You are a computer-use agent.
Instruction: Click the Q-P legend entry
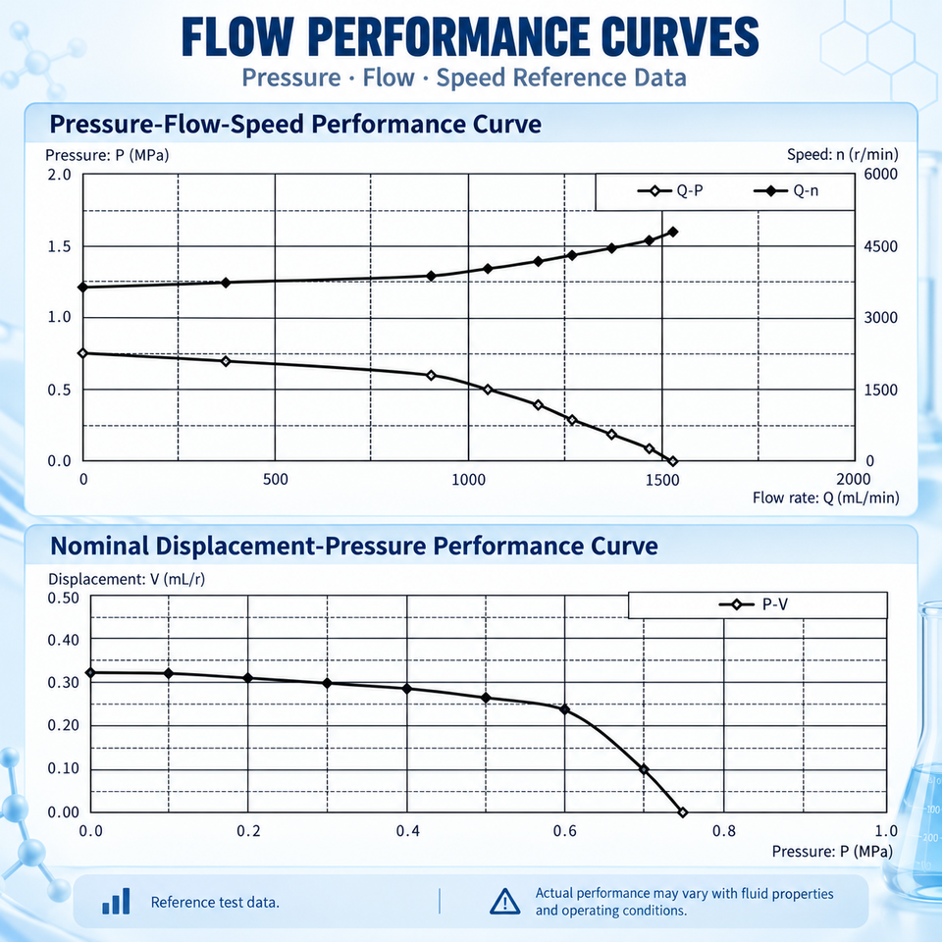[x=670, y=191]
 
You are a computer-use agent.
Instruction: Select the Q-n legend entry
[x=786, y=191]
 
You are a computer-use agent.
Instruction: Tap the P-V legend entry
[x=754, y=604]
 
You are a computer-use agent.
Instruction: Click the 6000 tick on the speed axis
[x=881, y=175]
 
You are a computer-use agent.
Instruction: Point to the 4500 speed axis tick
[x=881, y=246]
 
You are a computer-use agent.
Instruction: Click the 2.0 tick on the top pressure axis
[x=60, y=175]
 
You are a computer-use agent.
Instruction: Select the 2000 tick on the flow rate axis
[x=853, y=479]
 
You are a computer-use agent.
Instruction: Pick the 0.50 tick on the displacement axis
[x=64, y=598]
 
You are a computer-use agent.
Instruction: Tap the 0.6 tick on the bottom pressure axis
[x=565, y=831]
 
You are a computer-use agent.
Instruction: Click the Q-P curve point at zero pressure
[x=673, y=461]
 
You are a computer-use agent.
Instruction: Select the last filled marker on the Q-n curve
[x=673, y=232]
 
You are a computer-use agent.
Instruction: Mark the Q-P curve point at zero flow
[x=82, y=353]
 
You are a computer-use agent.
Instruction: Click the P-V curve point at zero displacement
[x=683, y=812]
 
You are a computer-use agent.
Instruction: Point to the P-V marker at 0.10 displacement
[x=644, y=769]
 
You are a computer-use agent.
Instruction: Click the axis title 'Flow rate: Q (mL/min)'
[x=826, y=498]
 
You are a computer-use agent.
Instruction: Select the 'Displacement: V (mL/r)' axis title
[x=127, y=579]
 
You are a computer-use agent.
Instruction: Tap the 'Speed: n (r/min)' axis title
[x=843, y=155]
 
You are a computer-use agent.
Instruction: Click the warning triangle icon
[x=504, y=901]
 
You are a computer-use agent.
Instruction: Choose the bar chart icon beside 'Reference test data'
[x=116, y=902]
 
